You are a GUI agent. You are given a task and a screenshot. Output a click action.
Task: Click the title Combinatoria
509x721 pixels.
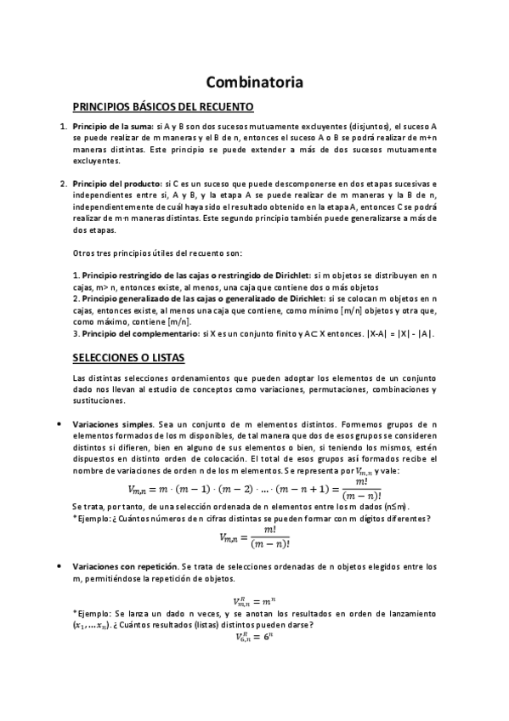pos(255,82)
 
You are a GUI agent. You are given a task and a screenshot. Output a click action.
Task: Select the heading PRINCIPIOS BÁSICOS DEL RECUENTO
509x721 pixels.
pos(163,107)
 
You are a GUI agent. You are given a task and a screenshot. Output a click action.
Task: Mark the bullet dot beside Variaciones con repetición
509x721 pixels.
pos(56,565)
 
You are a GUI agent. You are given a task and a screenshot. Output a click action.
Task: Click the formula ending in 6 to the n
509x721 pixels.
pos(254,637)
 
